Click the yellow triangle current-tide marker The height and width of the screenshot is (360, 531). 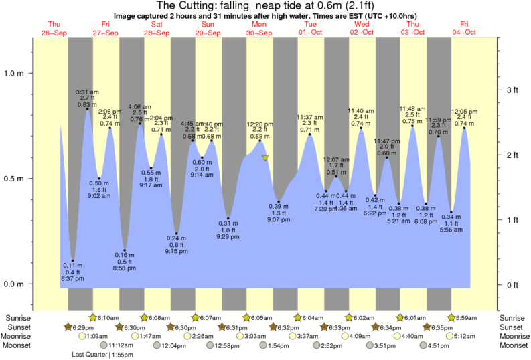(266, 158)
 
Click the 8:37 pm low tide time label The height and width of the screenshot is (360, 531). (74, 278)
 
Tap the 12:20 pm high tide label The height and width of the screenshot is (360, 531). (259, 124)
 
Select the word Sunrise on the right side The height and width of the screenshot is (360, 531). (514, 317)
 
